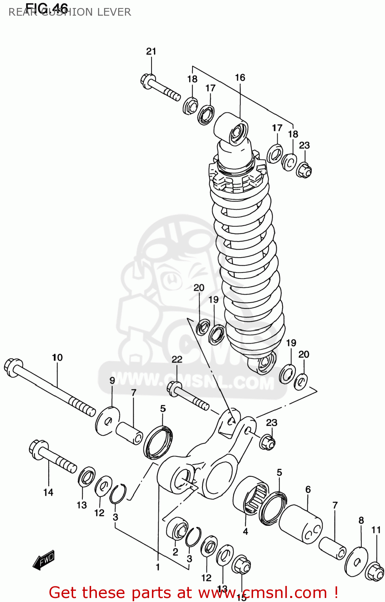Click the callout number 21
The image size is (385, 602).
pyautogui.click(x=151, y=51)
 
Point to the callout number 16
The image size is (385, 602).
pyautogui.click(x=240, y=77)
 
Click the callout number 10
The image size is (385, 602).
pyautogui.click(x=57, y=357)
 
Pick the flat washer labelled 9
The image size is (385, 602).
pyautogui.click(x=108, y=421)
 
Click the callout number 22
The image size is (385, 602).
pyautogui.click(x=177, y=359)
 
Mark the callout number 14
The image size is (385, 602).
pyautogui.click(x=48, y=492)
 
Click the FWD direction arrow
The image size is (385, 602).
pyautogui.click(x=44, y=559)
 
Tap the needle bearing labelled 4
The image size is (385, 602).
pyautogui.click(x=251, y=495)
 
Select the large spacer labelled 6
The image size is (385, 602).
pyautogui.click(x=301, y=524)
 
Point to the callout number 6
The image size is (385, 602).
pyautogui.click(x=308, y=489)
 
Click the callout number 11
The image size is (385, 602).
pyautogui.click(x=376, y=530)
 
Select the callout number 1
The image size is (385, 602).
pyautogui.click(x=158, y=567)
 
